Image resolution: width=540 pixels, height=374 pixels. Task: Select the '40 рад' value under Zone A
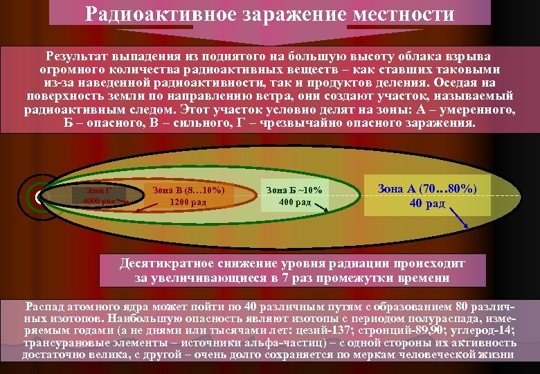click(427, 203)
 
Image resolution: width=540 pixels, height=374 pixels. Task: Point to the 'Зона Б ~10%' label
click(295, 190)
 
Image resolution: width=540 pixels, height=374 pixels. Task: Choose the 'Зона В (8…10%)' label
click(188, 190)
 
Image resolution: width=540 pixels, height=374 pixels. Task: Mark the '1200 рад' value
click(188, 202)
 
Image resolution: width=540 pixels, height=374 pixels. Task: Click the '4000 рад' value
click(98, 202)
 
